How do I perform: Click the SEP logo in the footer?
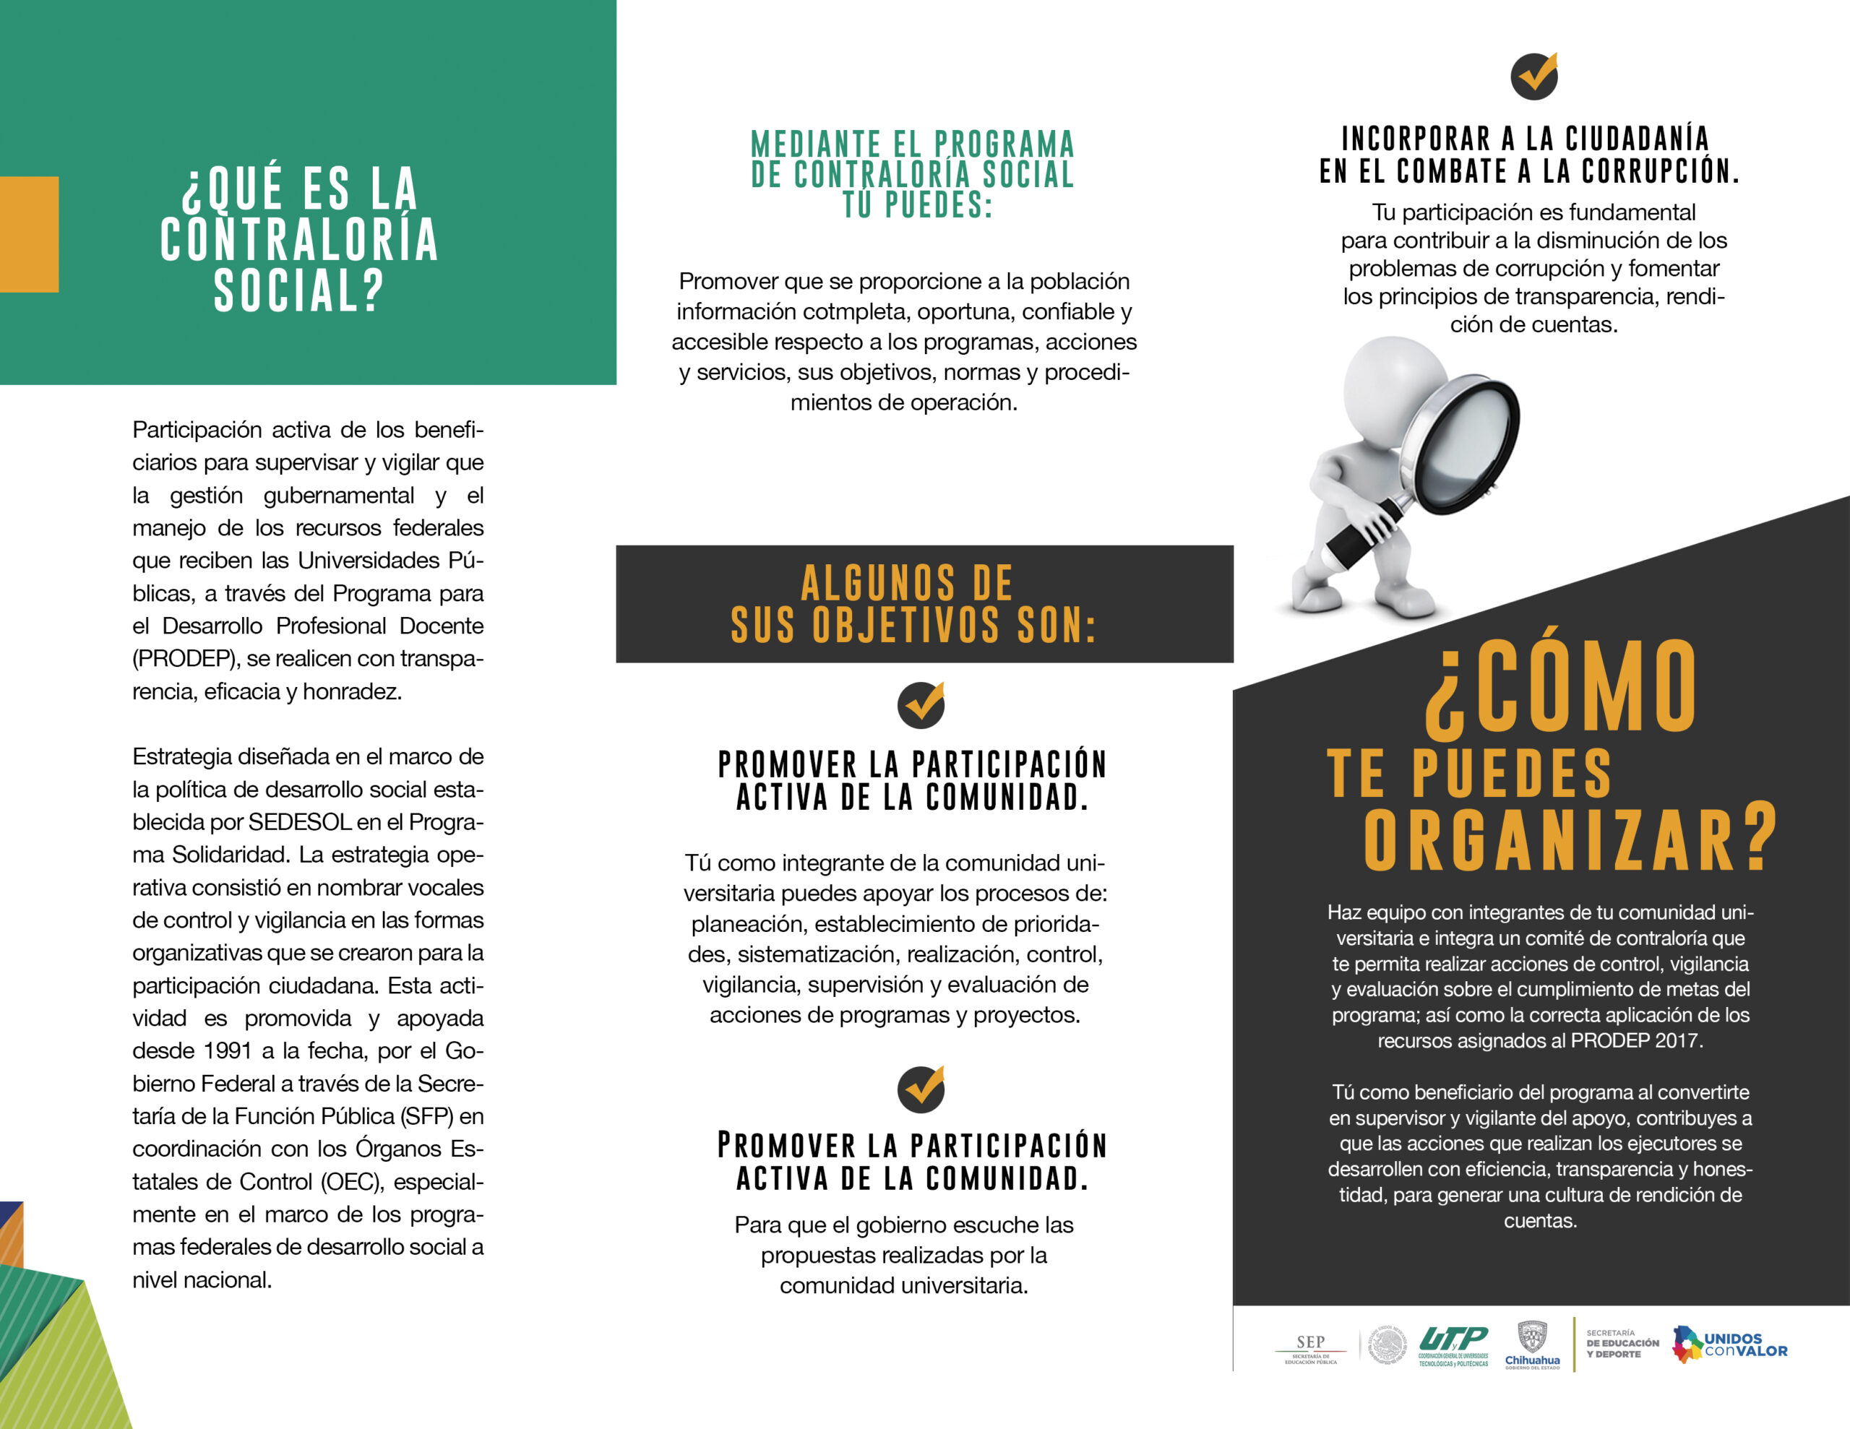[x=1310, y=1347]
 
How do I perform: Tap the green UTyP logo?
[x=1453, y=1345]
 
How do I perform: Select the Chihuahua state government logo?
[x=1531, y=1345]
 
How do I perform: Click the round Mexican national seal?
[x=1387, y=1345]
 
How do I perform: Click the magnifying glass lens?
[x=1458, y=446]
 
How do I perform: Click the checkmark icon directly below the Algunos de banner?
[x=921, y=705]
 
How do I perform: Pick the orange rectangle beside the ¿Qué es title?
[x=29, y=234]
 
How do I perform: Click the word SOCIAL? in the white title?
[x=299, y=290]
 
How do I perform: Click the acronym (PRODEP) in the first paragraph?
[x=184, y=658]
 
